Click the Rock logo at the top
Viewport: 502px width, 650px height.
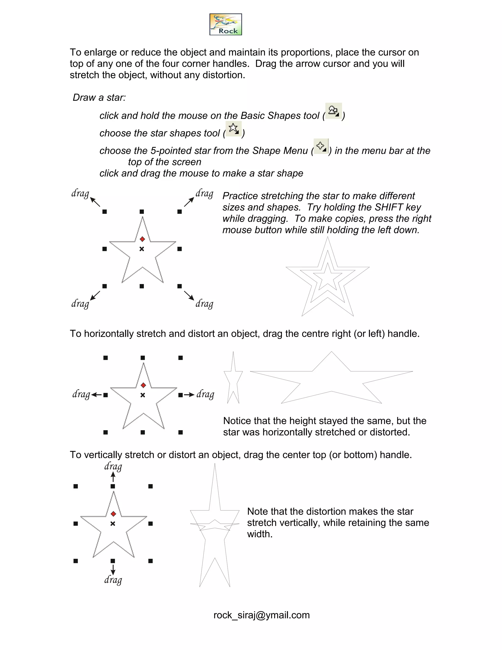point(226,24)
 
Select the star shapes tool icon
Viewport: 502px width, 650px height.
point(233,129)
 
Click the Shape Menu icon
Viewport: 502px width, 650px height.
point(321,146)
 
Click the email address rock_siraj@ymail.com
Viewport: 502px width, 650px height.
point(261,615)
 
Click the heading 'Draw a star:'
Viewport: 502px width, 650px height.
point(99,98)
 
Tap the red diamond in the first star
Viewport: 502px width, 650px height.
point(142,239)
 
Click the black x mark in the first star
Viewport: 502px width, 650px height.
point(142,249)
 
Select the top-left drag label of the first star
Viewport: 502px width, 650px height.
point(80,194)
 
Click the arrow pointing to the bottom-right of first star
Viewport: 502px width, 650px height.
point(189,295)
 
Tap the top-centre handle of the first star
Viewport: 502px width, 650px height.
point(142,212)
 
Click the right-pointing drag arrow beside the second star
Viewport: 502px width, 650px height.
point(189,395)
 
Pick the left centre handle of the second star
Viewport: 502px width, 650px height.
point(106,395)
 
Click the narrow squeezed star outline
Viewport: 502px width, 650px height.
point(233,378)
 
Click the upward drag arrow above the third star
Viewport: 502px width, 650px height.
point(113,477)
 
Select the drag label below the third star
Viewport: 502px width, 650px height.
point(113,580)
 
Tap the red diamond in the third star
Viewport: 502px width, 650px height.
point(113,514)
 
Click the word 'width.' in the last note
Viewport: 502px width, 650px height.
point(260,534)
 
